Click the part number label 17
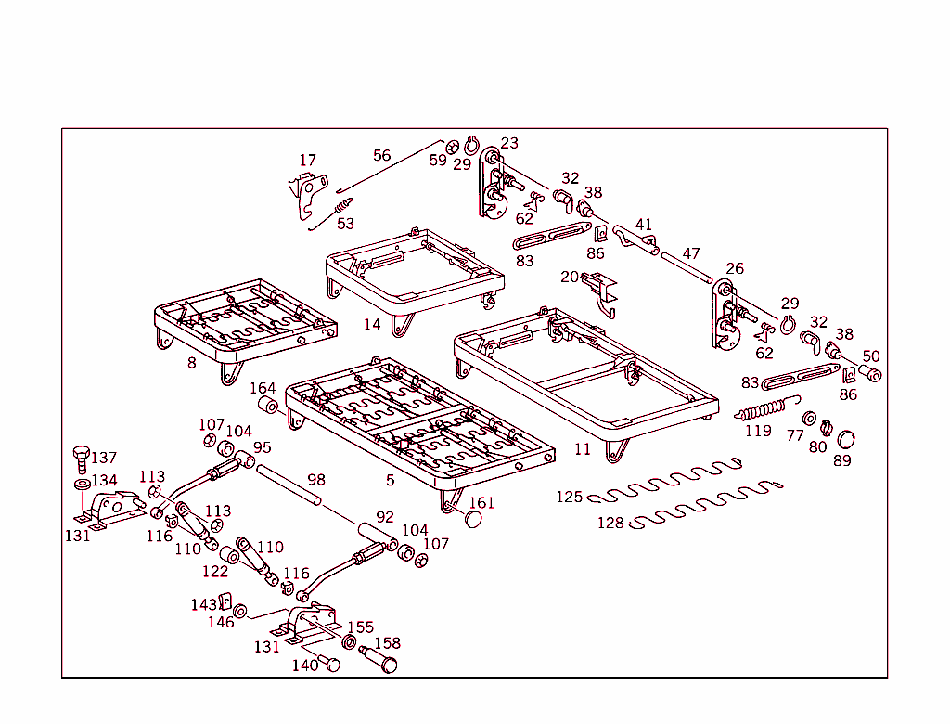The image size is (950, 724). [307, 161]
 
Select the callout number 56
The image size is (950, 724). [382, 155]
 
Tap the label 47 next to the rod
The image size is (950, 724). [691, 253]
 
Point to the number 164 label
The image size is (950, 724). [263, 388]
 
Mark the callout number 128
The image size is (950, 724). [610, 524]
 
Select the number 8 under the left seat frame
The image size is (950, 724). [192, 363]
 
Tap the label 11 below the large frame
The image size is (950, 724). [583, 449]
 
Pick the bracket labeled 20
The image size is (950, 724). [600, 291]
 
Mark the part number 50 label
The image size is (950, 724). [871, 356]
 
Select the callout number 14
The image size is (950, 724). [372, 324]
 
